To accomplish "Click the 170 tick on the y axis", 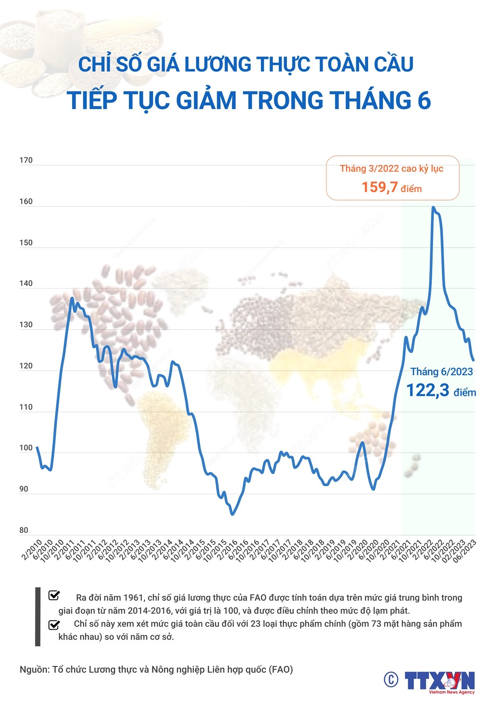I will (26, 160).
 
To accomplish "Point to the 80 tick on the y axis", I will (24, 530).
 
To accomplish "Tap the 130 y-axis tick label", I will (26, 325).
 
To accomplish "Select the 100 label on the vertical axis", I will (26, 448).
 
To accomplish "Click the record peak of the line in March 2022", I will (433, 207).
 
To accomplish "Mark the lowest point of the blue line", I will (233, 514).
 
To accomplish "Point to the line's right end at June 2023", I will (474, 361).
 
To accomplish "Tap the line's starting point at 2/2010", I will (37, 447).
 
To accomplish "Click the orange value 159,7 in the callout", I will (380, 187).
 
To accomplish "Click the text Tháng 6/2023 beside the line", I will (441, 372).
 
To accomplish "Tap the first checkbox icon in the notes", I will (54, 595).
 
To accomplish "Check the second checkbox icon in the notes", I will (54, 625).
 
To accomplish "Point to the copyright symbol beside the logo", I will (391, 679).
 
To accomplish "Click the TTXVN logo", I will (439, 681).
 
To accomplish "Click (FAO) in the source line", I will (281, 670).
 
